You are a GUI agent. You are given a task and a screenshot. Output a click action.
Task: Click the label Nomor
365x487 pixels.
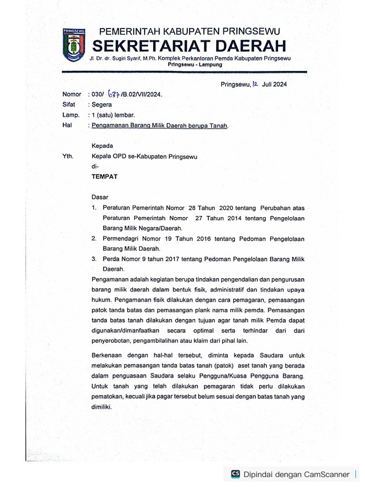click(x=72, y=94)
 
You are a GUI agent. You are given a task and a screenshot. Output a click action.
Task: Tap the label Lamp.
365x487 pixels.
click(x=70, y=115)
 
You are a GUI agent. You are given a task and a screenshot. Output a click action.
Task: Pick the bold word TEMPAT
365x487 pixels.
click(x=105, y=176)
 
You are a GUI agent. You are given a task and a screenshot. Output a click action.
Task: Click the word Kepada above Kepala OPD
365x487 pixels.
click(x=102, y=146)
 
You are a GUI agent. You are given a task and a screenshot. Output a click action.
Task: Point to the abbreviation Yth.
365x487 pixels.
click(x=67, y=156)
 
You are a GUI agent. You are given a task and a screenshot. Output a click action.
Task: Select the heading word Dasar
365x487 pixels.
click(x=100, y=197)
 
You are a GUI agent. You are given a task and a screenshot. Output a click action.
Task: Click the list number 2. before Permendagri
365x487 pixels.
click(x=94, y=239)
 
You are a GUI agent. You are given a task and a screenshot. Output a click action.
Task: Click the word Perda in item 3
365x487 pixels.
click(x=111, y=259)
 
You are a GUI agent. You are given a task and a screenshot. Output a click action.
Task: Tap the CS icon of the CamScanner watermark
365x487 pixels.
click(x=235, y=474)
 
